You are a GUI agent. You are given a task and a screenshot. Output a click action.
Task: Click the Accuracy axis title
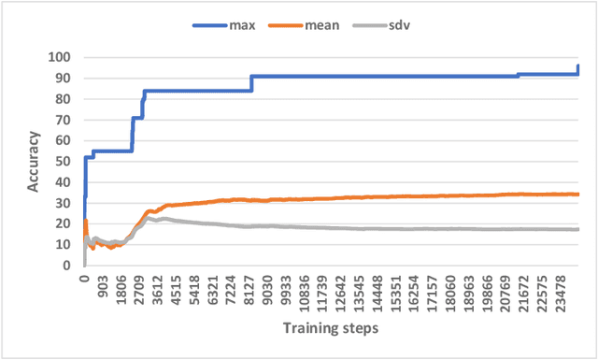click(34, 161)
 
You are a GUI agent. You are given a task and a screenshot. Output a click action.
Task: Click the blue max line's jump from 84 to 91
click(252, 83)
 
